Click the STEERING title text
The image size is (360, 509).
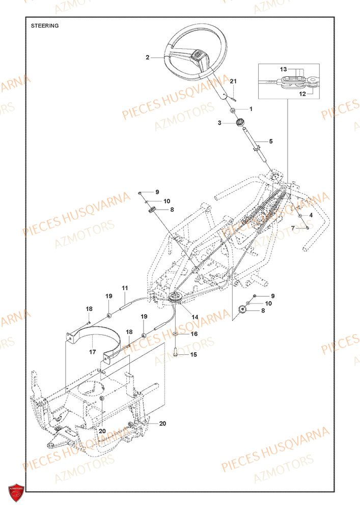[x=45, y=25]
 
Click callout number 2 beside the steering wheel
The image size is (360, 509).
[x=147, y=58]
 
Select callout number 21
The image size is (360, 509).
[x=234, y=81]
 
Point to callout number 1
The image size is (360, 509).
[x=250, y=109]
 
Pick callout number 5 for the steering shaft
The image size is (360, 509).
[x=270, y=141]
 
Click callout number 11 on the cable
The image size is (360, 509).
[x=124, y=288]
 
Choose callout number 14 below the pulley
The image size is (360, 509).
[x=195, y=317]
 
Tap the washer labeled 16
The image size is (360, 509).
[x=175, y=334]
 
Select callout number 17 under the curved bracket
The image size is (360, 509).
[x=93, y=351]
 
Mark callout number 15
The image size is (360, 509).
[x=193, y=354]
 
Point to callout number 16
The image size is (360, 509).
[x=193, y=334]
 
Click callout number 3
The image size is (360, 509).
[x=220, y=123]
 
